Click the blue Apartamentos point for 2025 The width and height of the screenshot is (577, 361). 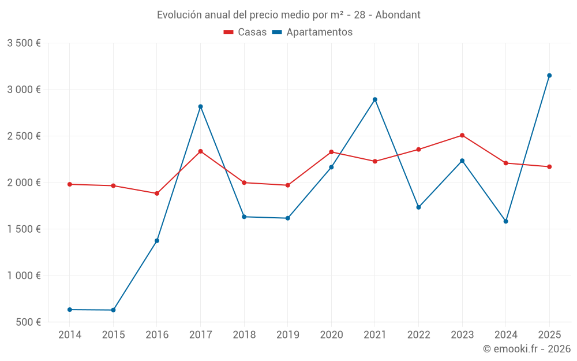pyautogui.click(x=549, y=76)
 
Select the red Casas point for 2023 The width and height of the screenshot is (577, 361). pyautogui.click(x=462, y=135)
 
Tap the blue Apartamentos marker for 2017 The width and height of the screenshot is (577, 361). pyautogui.click(x=200, y=106)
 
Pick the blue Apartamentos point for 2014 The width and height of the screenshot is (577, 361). pyautogui.click(x=70, y=310)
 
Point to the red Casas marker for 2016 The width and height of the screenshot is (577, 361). pyautogui.click(x=157, y=193)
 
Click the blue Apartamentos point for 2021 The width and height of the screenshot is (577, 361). pyautogui.click(x=375, y=99)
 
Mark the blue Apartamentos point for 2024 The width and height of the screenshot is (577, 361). pyautogui.click(x=506, y=221)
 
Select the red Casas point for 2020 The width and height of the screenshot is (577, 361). pyautogui.click(x=331, y=152)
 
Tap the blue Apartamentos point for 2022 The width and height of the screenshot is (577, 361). pyautogui.click(x=418, y=207)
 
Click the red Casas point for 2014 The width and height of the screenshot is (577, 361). pyautogui.click(x=70, y=184)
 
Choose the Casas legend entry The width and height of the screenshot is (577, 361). pyautogui.click(x=245, y=32)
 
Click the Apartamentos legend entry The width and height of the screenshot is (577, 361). pyautogui.click(x=312, y=32)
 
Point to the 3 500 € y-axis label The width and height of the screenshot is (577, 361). pyautogui.click(x=24, y=43)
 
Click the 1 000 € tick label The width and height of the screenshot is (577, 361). pyautogui.click(x=24, y=276)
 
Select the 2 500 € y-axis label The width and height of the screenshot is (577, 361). pyautogui.click(x=24, y=136)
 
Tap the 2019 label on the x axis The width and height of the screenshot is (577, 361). pyautogui.click(x=287, y=335)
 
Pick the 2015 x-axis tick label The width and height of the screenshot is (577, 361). pyautogui.click(x=113, y=335)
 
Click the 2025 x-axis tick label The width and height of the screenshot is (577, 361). pyautogui.click(x=549, y=335)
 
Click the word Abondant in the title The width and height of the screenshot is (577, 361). pyautogui.click(x=398, y=14)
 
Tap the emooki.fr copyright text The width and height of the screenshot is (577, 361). pyautogui.click(x=527, y=349)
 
